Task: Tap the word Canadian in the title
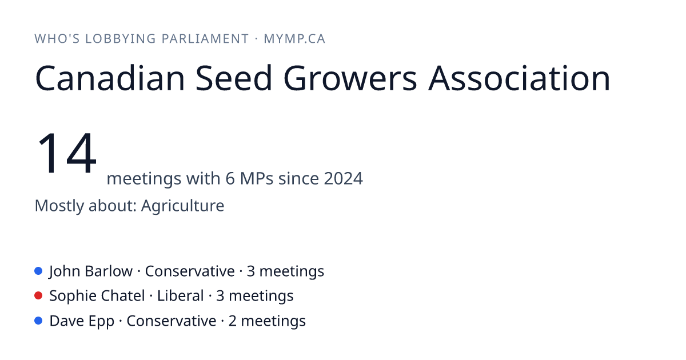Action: tap(110, 78)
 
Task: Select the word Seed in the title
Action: tap(234, 78)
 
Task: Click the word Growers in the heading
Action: tap(350, 78)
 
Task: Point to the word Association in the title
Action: tap(519, 78)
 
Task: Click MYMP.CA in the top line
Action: tap(294, 39)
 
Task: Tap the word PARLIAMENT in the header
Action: tap(205, 39)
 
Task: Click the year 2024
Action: tap(344, 178)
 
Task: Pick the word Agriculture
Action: tap(182, 205)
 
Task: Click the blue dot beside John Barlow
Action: tap(38, 271)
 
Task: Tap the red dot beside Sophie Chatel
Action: tap(38, 296)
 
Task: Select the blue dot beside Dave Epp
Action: tap(38, 321)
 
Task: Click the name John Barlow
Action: tap(91, 271)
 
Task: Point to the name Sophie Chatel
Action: tap(97, 296)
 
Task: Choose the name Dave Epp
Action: tap(82, 321)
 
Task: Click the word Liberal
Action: tap(181, 296)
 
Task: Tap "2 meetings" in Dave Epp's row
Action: tap(267, 321)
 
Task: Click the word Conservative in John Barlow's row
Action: tap(190, 271)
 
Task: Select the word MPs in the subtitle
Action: tap(257, 178)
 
